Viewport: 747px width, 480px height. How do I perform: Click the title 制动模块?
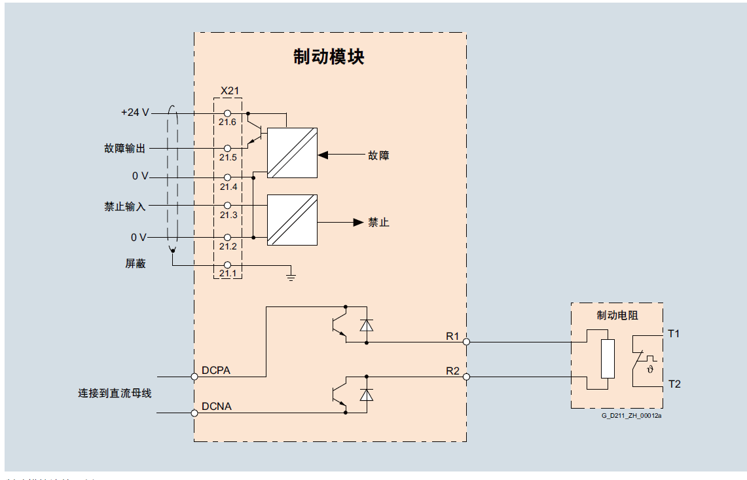(329, 57)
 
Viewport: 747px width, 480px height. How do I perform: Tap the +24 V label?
(135, 113)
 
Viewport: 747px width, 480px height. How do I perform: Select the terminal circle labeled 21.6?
(228, 113)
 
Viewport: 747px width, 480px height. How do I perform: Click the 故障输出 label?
(125, 149)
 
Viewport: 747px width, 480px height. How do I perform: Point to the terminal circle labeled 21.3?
(228, 206)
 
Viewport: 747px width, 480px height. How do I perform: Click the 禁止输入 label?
(125, 206)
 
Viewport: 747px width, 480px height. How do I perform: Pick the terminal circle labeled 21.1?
(228, 265)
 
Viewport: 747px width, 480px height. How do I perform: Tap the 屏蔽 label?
(136, 263)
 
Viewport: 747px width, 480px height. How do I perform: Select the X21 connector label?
(229, 90)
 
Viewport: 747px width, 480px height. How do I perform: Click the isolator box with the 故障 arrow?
(292, 153)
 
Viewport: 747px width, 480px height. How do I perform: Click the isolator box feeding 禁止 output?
(292, 220)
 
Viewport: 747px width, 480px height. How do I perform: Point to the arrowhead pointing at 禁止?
(358, 222)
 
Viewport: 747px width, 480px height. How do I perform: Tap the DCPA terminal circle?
(194, 377)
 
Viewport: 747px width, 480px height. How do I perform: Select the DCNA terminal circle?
(194, 413)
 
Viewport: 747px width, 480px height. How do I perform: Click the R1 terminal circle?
(466, 341)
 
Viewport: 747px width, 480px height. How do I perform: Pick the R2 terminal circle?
(466, 377)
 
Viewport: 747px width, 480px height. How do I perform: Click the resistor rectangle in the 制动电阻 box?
(608, 360)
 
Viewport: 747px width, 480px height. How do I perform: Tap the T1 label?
(674, 333)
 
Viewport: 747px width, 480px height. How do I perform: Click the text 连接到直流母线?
(115, 394)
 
